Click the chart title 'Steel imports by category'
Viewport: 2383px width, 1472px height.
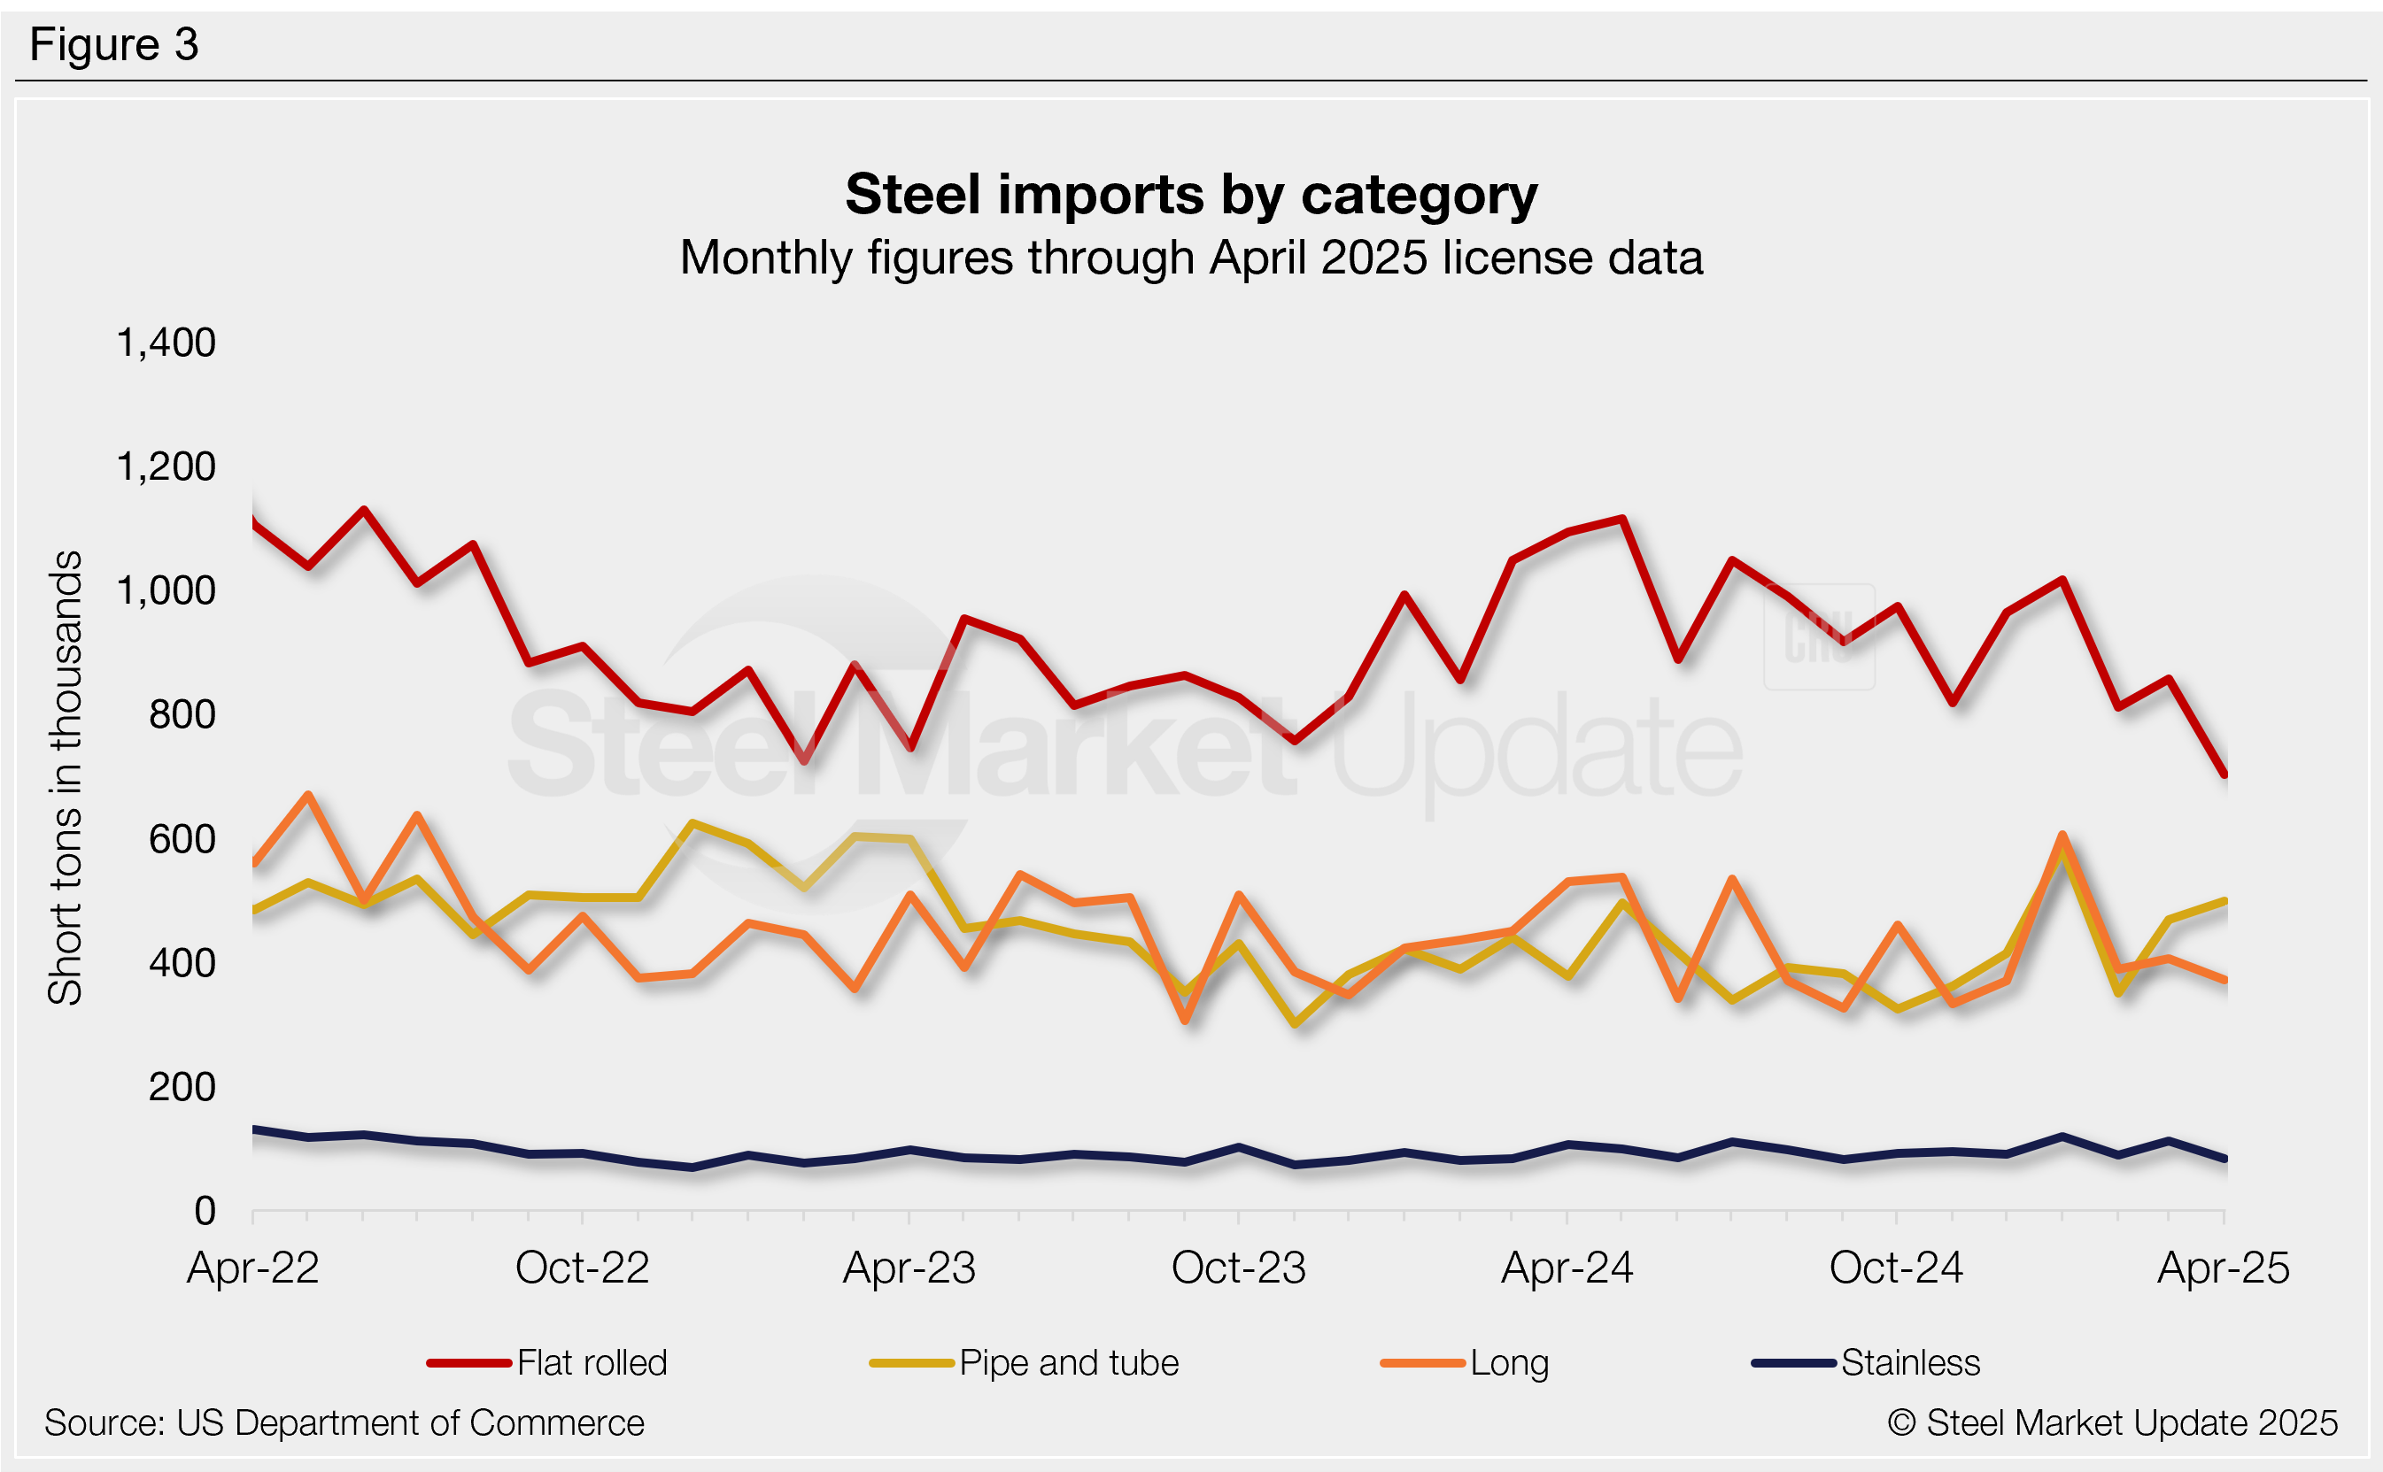point(1191,195)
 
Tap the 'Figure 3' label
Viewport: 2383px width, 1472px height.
point(114,45)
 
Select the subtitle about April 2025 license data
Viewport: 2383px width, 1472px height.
point(1191,258)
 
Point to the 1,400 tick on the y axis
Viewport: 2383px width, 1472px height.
point(166,343)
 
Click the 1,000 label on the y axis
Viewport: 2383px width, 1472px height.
point(166,590)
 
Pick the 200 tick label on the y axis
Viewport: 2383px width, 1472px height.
point(182,1086)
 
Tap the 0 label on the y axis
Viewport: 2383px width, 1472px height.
point(205,1210)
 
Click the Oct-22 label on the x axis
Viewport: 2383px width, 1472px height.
point(582,1268)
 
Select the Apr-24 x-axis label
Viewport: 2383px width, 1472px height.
point(1567,1268)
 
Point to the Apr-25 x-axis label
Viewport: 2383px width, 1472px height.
point(2224,1268)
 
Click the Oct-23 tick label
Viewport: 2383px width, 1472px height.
point(1238,1268)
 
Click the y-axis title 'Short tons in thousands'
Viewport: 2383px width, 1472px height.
point(66,777)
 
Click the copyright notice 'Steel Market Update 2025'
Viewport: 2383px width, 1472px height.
point(2112,1423)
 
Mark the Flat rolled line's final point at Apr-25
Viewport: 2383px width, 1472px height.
point(2225,775)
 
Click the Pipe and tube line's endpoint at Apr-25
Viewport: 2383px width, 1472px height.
point(2225,900)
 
